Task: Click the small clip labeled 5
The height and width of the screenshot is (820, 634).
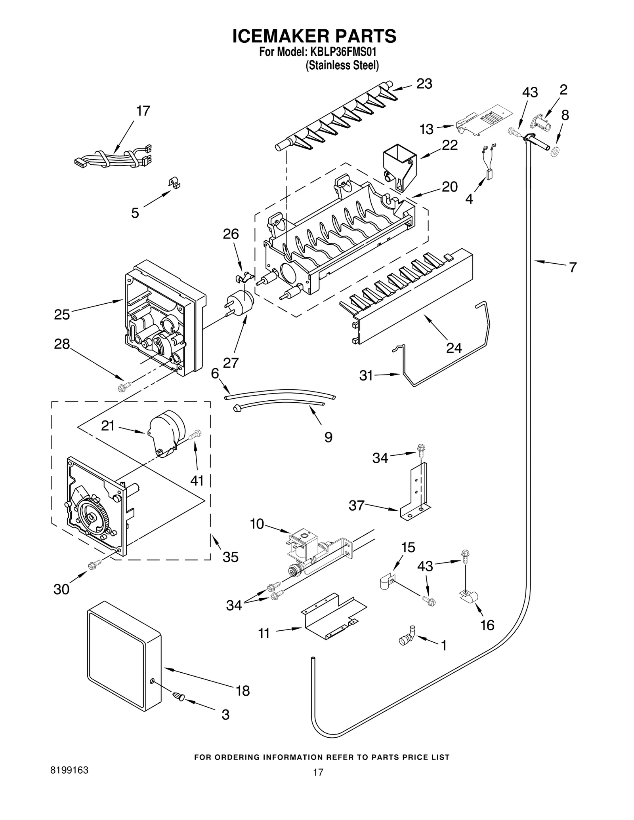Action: tap(174, 183)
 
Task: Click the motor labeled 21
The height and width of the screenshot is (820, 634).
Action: tap(167, 433)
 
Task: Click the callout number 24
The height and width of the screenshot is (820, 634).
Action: tap(454, 348)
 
